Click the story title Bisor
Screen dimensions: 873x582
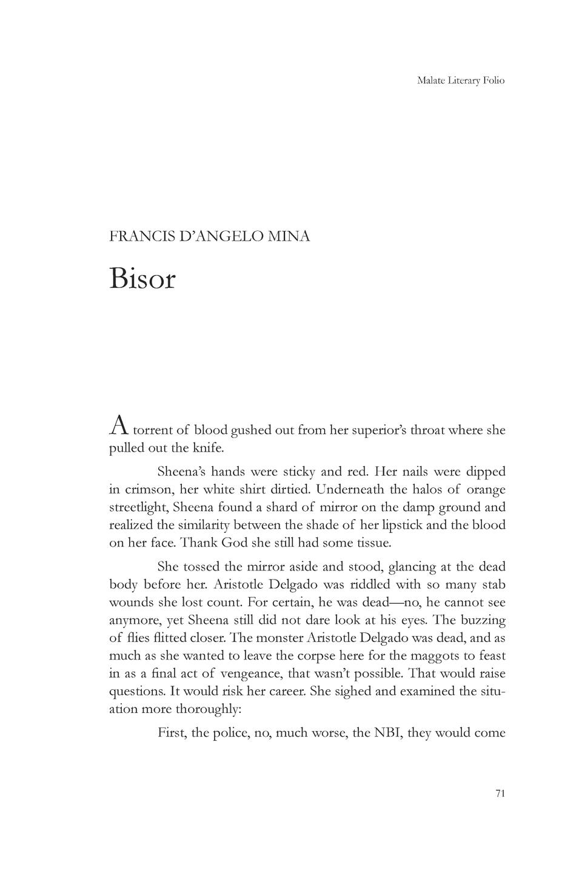point(142,278)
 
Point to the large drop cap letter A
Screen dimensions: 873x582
point(119,427)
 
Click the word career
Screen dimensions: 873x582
point(286,692)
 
